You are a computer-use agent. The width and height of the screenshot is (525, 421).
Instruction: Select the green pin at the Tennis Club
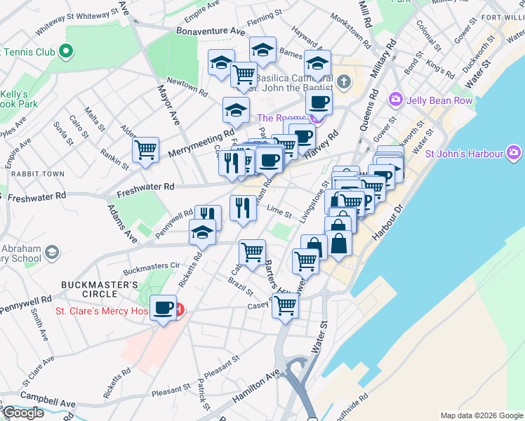[x=65, y=51]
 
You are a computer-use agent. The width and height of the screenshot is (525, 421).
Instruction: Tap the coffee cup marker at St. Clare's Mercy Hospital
[x=164, y=308]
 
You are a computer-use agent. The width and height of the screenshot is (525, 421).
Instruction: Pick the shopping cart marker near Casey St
[x=286, y=305]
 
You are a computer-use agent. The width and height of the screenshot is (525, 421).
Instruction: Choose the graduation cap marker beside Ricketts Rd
[x=202, y=232]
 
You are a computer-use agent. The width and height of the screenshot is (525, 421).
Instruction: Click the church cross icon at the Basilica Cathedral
[x=343, y=82]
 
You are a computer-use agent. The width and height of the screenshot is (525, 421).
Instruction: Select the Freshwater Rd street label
[x=145, y=187]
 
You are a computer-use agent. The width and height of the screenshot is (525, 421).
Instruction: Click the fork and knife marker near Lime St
[x=243, y=208]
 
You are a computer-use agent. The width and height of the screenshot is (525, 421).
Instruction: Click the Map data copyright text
[x=481, y=415]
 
